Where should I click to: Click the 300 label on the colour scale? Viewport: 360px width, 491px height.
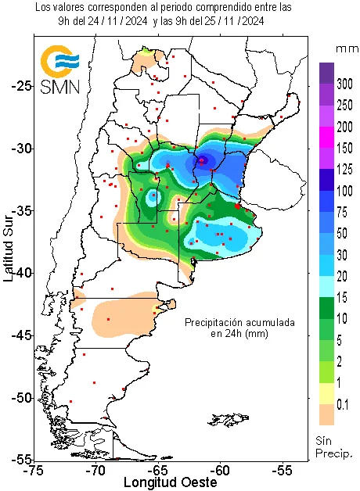[344, 84]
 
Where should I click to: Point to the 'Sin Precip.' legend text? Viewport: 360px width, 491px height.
[335, 446]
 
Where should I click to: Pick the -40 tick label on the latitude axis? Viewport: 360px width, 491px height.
[19, 272]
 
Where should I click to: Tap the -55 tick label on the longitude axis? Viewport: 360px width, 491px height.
[283, 471]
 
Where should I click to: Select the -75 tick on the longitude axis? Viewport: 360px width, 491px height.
[33, 471]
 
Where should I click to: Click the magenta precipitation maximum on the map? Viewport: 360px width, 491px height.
[203, 159]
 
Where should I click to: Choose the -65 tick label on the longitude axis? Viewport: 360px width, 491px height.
[159, 471]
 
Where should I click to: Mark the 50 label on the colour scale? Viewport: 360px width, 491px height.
[344, 233]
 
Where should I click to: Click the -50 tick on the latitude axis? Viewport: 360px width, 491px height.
[19, 397]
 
